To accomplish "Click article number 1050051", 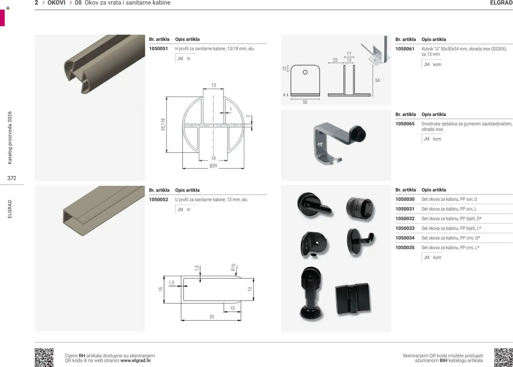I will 158,49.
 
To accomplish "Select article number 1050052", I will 158,200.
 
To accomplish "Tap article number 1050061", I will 405,49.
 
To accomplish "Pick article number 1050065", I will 405,124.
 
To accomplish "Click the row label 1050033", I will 405,228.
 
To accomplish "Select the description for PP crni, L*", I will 450,248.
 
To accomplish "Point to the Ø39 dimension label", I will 213,166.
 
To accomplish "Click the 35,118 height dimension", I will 163,125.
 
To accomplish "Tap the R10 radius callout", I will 233,268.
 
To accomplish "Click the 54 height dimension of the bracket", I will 377,80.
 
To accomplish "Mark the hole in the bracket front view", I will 305,72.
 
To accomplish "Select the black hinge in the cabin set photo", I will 352,298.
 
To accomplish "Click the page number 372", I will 12,178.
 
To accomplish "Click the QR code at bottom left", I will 44,357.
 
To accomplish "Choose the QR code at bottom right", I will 503,357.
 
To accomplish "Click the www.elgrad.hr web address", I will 136,360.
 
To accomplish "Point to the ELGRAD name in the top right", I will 501,3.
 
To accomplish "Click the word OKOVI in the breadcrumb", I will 56,3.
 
